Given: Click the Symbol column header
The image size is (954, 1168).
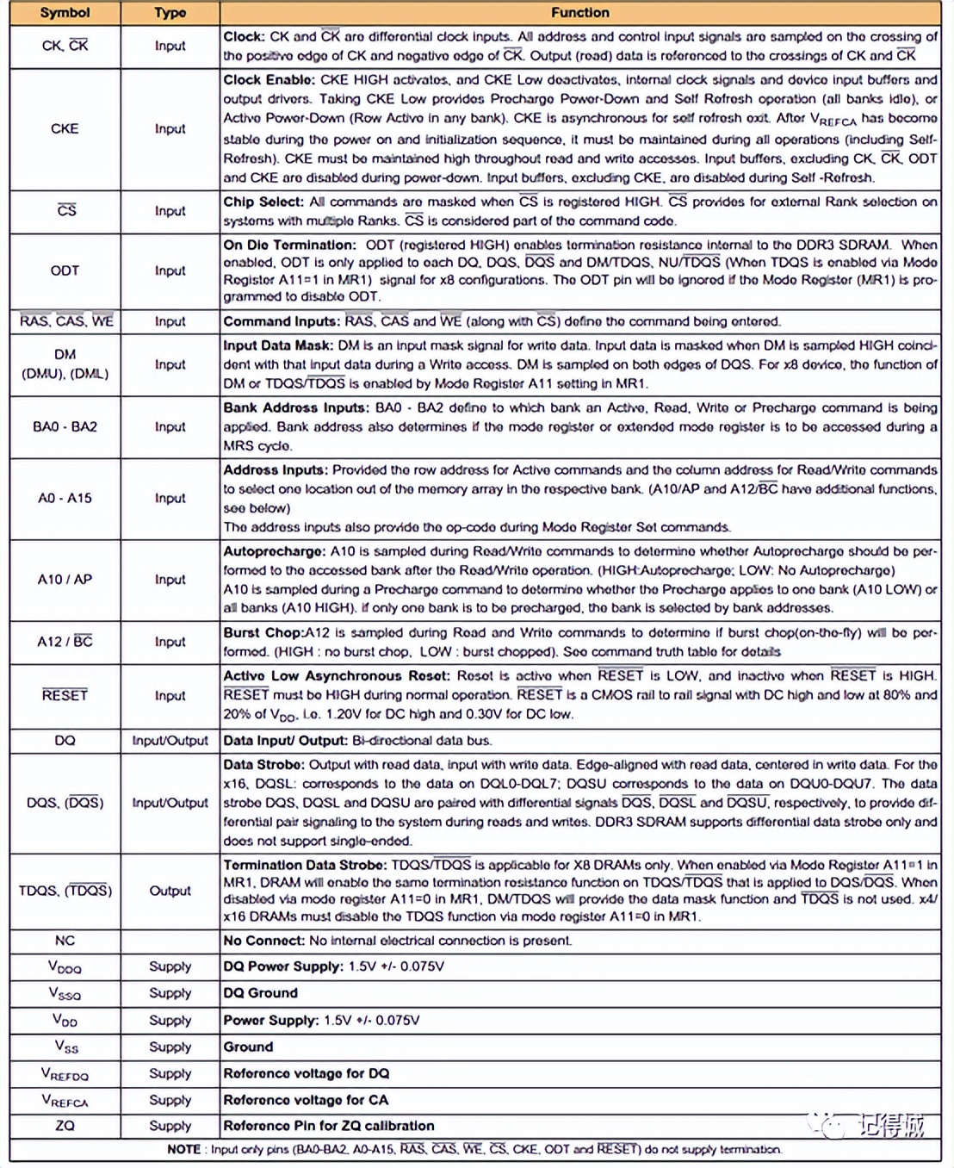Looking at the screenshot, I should click(x=65, y=13).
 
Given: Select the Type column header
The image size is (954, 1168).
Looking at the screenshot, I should click(x=170, y=13).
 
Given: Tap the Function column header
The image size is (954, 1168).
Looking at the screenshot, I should click(x=579, y=13).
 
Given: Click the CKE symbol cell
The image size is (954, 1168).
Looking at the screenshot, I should click(x=65, y=128).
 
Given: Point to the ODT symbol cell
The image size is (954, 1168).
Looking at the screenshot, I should click(x=65, y=270).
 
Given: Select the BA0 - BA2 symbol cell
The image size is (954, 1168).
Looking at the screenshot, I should click(x=65, y=426).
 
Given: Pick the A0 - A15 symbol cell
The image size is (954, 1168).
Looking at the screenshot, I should click(x=65, y=498).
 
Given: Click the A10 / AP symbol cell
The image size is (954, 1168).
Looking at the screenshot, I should click(x=65, y=580).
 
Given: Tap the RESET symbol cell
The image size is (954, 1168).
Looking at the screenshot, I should click(x=65, y=695).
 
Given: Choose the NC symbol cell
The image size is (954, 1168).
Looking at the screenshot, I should click(x=65, y=941).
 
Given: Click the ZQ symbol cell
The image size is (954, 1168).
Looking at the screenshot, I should click(x=65, y=1125).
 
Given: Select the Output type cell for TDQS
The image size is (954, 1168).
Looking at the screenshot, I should click(x=170, y=891).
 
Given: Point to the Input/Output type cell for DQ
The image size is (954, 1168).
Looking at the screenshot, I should click(x=170, y=740).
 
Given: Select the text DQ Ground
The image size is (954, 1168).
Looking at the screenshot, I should click(x=260, y=993).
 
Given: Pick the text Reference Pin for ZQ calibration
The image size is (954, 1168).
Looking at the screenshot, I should click(x=328, y=1126).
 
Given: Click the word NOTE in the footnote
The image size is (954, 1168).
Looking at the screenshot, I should click(x=183, y=1149).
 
